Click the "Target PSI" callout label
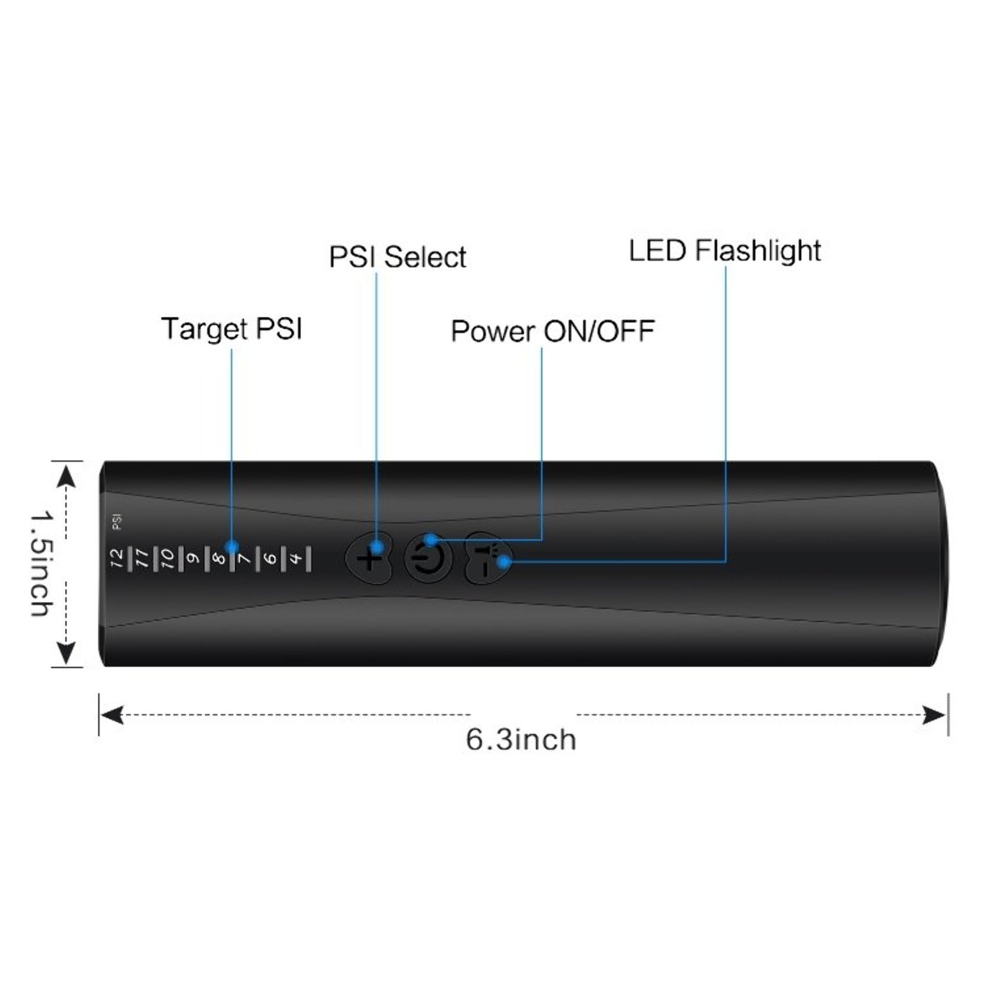click(232, 329)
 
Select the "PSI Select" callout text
click(398, 257)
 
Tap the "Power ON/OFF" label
click(553, 331)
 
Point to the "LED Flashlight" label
click(725, 251)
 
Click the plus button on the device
click(369, 559)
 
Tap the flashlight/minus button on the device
click(487, 559)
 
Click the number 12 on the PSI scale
click(117, 559)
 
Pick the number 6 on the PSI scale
click(269, 559)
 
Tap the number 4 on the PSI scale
click(295, 559)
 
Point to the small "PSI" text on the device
click(117, 523)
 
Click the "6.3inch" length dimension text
click(521, 740)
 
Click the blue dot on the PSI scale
click(232, 547)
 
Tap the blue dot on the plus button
click(376, 547)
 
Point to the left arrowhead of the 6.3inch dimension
click(112, 714)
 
